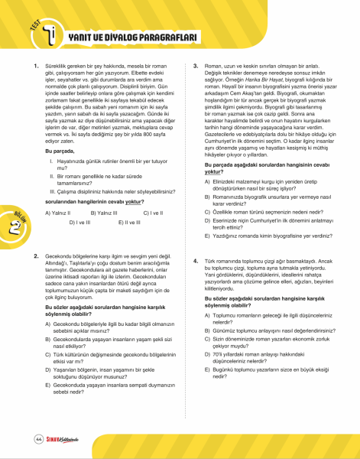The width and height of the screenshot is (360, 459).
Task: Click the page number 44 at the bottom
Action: (38, 439)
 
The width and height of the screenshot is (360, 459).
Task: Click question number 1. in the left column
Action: (36, 67)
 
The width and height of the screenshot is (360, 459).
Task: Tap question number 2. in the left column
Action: (36, 254)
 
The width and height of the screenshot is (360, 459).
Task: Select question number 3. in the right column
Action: (196, 67)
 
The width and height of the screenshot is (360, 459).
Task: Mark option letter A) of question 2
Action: (49, 304)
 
